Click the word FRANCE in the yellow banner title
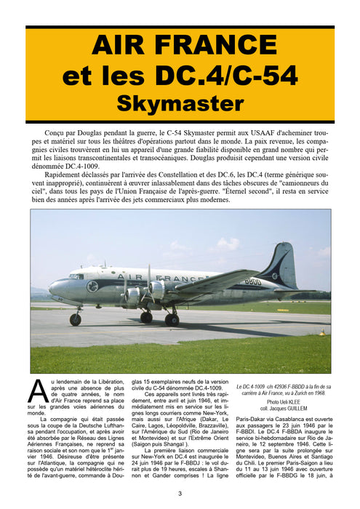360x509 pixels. pos(223,48)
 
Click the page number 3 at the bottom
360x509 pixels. pos(180,494)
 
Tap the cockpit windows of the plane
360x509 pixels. pos(76,277)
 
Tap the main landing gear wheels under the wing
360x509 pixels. pos(171,318)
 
